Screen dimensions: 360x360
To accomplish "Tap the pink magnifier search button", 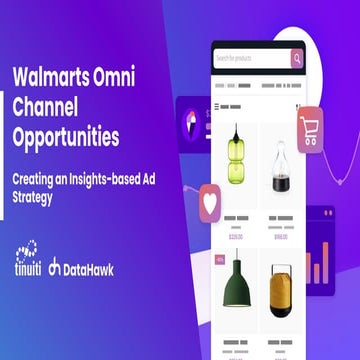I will point(296,58).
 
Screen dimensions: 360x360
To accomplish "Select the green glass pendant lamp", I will point(236,164).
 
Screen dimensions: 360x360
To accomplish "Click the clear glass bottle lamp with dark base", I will point(281,170).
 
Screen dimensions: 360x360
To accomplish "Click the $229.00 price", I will point(236,237).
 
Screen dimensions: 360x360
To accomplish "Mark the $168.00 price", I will point(281,237).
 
